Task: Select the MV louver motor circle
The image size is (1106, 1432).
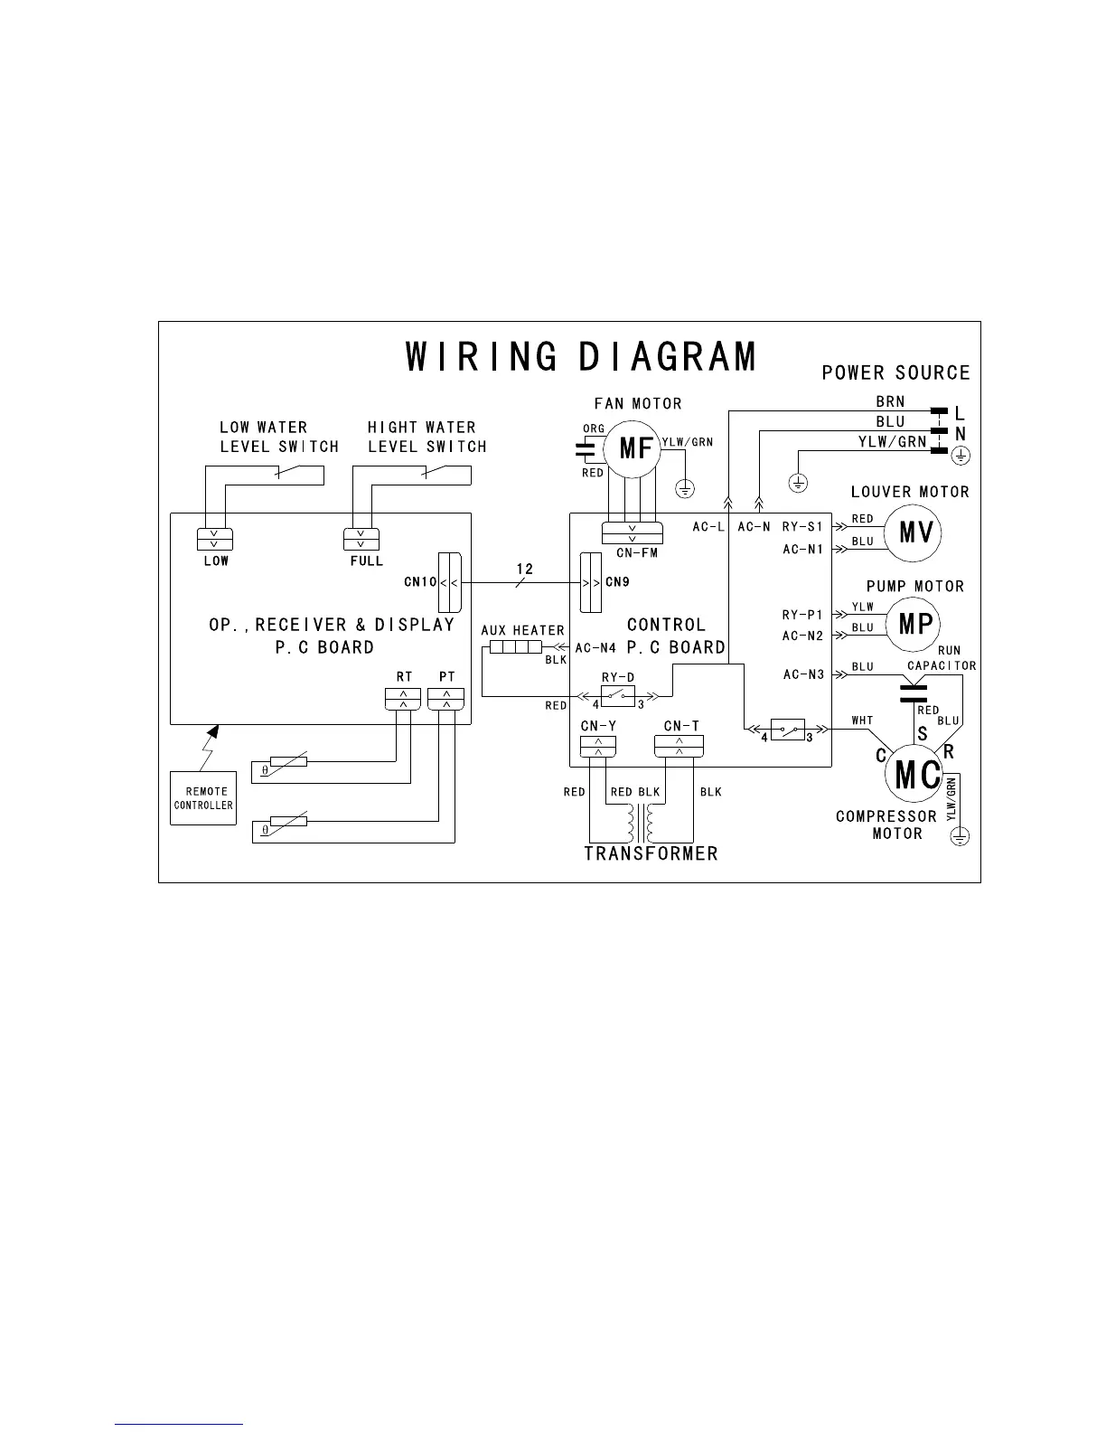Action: click(x=913, y=532)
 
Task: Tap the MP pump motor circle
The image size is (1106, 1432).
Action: click(x=914, y=624)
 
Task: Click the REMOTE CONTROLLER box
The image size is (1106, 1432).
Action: click(x=203, y=797)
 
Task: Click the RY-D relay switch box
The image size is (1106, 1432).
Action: click(x=618, y=696)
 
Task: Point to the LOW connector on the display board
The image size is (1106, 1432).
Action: click(x=215, y=539)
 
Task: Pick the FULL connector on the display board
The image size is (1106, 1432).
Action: click(x=361, y=539)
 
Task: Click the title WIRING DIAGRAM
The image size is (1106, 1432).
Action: click(x=580, y=356)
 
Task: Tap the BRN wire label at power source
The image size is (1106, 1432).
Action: click(x=889, y=401)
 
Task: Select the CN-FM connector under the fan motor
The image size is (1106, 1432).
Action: click(x=632, y=532)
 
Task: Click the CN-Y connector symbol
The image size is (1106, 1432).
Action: click(x=597, y=746)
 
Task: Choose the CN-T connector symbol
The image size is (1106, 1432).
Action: click(x=679, y=746)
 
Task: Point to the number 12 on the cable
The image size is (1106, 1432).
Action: click(x=524, y=570)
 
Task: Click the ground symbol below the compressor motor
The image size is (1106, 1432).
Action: click(x=960, y=836)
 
